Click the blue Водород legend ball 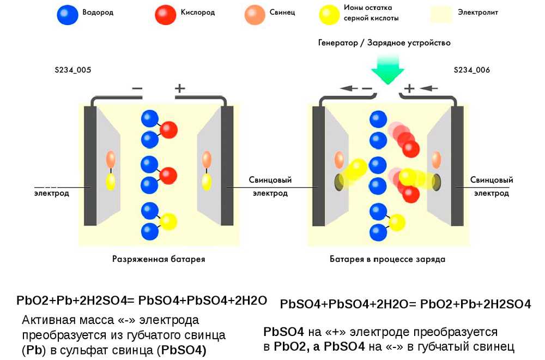click(x=66, y=15)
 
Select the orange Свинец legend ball click(x=254, y=15)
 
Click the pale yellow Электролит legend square click(x=441, y=14)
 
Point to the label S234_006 click(x=472, y=70)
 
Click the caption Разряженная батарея click(x=159, y=259)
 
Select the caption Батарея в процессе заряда click(x=387, y=259)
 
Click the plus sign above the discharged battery click(x=179, y=88)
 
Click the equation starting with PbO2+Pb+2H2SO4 click(x=142, y=301)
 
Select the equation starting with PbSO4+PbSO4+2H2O click(x=405, y=304)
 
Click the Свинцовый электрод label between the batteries click(x=270, y=187)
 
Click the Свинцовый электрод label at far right click(x=492, y=187)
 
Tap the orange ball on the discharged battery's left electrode click(x=111, y=159)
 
